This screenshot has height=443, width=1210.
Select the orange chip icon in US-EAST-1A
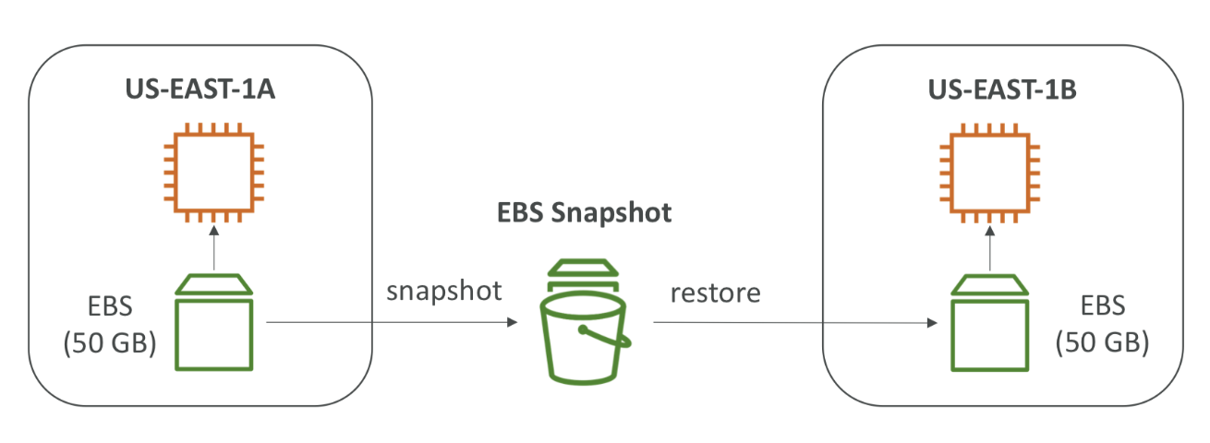click(x=213, y=172)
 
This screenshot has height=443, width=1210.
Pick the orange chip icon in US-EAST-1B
click(x=989, y=172)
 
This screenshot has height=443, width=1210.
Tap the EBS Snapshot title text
click(x=582, y=214)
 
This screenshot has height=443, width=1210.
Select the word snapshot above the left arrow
click(x=444, y=292)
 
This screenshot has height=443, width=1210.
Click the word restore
click(x=716, y=293)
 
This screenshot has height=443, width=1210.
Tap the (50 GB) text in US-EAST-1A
click(x=109, y=344)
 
